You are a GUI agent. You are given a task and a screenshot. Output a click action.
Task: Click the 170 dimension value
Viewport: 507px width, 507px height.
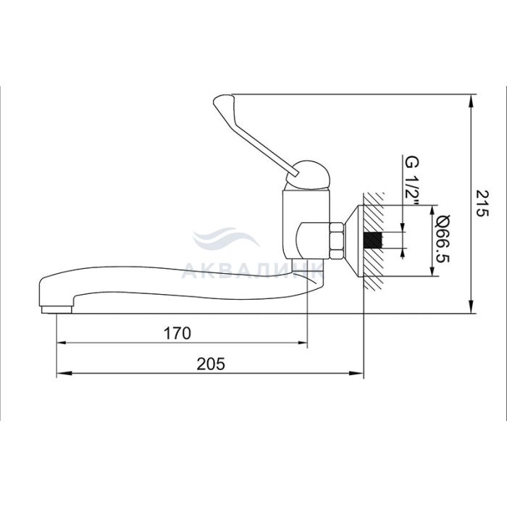point(177,333)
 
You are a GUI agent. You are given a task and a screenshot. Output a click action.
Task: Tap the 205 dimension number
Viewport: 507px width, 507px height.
point(211,364)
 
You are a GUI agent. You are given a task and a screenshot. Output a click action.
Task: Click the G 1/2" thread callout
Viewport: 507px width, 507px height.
point(412,182)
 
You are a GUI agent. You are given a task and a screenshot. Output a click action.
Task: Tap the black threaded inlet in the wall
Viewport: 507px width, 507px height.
point(373,240)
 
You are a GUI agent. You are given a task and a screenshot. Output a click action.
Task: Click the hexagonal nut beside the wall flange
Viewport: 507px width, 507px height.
point(336,240)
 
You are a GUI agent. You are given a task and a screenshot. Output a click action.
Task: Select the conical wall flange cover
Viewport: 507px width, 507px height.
point(353,240)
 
